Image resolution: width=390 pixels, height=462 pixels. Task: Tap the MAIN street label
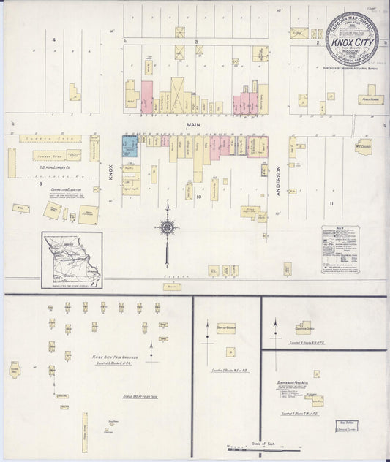point(193,125)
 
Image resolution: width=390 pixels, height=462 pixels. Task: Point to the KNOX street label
point(111,173)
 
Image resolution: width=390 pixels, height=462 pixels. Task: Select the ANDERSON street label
point(279,178)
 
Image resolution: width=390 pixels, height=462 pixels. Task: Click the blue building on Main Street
point(130,145)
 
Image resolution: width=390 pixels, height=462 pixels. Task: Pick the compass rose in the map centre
point(167,227)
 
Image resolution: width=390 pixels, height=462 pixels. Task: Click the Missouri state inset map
point(72,260)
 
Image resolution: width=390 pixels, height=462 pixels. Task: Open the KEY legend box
point(340,249)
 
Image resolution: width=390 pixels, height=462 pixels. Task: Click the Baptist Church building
point(225,329)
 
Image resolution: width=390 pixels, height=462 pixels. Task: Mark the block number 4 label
point(53,39)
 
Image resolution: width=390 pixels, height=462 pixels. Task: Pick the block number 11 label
point(331,202)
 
